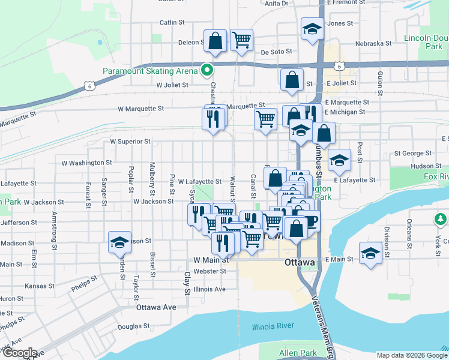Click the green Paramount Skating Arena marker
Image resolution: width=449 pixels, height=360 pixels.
coord(208,71)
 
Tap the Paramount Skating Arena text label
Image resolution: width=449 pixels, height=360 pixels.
coord(150,71)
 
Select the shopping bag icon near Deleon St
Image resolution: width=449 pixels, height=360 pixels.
coord(215,41)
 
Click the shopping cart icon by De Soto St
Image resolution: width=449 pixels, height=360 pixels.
coord(241,40)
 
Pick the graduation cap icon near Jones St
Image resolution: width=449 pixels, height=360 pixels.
coord(312,29)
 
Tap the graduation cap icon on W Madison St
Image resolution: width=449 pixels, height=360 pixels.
coord(119,242)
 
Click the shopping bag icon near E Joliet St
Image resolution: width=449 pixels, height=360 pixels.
coord(292,80)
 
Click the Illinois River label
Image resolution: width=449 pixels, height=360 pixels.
coord(273,326)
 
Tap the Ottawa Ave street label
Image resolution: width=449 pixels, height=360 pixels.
coord(156,307)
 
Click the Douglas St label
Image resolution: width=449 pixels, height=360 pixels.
coord(129,327)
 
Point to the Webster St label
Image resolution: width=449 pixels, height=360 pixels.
coord(210,271)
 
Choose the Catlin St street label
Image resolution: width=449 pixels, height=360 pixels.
coord(172,23)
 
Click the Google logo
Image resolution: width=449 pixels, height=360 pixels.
coord(19,353)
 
